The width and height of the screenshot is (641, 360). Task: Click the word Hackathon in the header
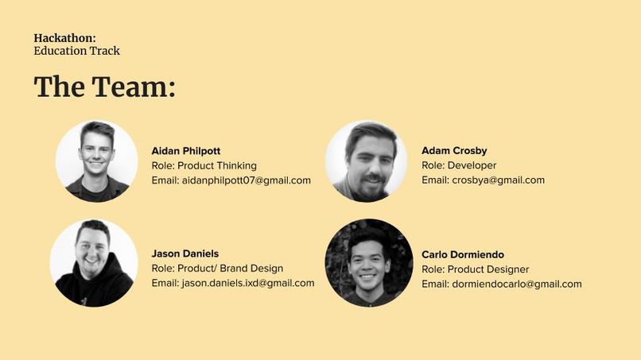[64, 37]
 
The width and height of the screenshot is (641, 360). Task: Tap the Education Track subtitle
[76, 51]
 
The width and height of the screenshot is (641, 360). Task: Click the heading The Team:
[104, 87]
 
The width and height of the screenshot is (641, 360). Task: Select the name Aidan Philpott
[185, 151]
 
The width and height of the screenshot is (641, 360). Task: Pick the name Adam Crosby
[454, 151]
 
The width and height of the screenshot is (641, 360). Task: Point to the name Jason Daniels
[185, 254]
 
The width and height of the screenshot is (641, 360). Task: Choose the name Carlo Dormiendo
[463, 254]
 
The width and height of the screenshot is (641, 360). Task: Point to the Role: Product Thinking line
[204, 165]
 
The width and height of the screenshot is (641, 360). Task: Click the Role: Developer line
[459, 165]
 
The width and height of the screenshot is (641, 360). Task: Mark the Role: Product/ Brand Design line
[217, 269]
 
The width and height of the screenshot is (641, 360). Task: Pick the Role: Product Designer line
[475, 269]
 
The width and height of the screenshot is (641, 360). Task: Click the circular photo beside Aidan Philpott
[96, 161]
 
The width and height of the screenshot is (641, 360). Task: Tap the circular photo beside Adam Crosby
[367, 161]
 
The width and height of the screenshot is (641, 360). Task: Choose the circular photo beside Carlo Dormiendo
[369, 263]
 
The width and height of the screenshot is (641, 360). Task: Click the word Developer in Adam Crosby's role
[472, 165]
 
